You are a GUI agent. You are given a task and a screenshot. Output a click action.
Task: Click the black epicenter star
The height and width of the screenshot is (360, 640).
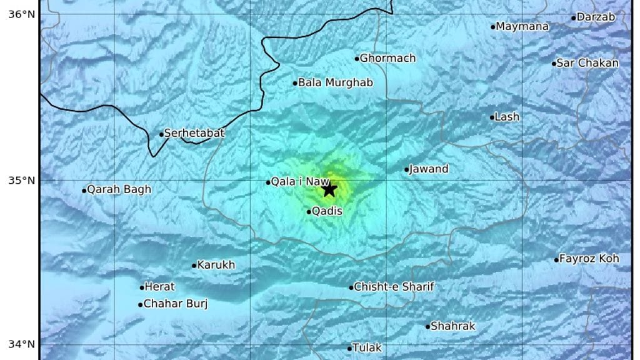pyautogui.click(x=329, y=189)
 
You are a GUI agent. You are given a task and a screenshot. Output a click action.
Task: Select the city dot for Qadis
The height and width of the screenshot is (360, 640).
pyautogui.click(x=309, y=212)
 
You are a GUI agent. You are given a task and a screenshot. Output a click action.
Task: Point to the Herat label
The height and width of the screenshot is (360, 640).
pyautogui.click(x=159, y=287)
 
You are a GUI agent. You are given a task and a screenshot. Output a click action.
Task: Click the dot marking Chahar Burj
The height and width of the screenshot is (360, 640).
pyautogui.click(x=140, y=305)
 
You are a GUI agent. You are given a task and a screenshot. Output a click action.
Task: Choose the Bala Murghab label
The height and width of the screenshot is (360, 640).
pyautogui.click(x=335, y=82)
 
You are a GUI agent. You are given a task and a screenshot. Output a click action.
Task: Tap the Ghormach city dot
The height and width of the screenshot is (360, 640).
pyautogui.click(x=357, y=59)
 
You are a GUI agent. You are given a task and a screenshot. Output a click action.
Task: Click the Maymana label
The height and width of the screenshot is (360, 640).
pyautogui.click(x=522, y=26)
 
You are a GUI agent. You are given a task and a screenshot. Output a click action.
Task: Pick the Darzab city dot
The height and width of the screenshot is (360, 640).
pyautogui.click(x=574, y=17)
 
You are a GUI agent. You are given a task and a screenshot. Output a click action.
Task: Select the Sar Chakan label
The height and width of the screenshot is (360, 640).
pyautogui.click(x=587, y=62)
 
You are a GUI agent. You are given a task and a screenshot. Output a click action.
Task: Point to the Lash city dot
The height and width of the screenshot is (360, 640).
pyautogui.click(x=492, y=117)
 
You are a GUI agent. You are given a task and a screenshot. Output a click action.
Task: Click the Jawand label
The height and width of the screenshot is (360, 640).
pyautogui.click(x=429, y=169)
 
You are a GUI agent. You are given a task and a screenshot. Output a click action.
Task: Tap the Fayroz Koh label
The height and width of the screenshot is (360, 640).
pyautogui.click(x=589, y=259)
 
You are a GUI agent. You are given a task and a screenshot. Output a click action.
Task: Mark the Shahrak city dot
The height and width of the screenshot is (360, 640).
pyautogui.click(x=428, y=326)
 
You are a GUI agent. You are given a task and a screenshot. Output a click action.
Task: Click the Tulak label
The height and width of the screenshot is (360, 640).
pyautogui.click(x=367, y=347)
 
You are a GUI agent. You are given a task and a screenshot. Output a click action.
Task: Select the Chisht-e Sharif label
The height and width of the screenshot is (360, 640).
pyautogui.click(x=394, y=287)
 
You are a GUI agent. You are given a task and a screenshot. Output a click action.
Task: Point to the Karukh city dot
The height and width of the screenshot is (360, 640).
pyautogui.click(x=194, y=266)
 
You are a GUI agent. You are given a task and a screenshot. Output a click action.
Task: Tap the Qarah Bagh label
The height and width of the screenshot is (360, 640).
pyautogui.click(x=119, y=189)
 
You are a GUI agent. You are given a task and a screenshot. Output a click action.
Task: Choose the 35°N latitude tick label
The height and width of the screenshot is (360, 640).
pyautogui.click(x=21, y=181)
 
